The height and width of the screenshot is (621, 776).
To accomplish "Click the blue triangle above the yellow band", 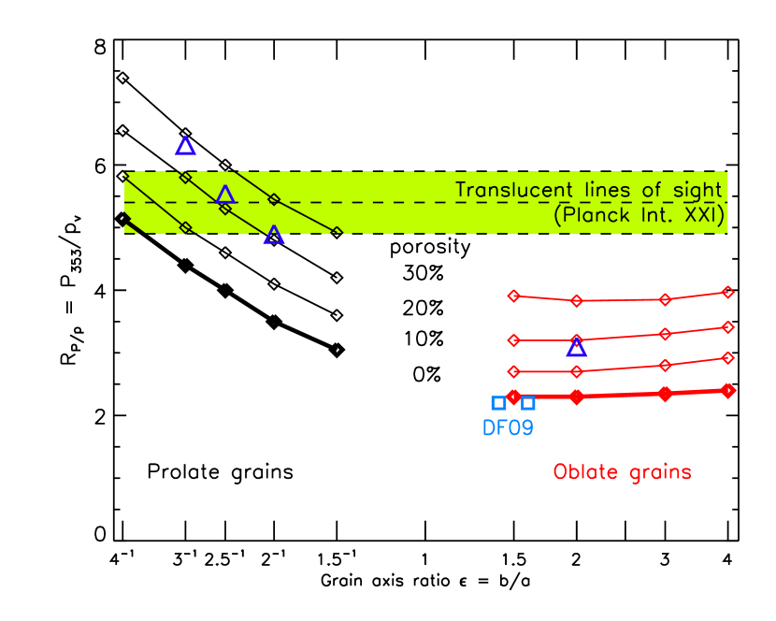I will coord(185,146).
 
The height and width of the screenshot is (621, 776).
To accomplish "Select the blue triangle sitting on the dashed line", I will coord(224,195).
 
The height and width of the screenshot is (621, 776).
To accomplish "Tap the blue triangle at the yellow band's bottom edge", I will coord(273,236).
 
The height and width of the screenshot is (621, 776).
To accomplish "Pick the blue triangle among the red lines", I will coord(577,348).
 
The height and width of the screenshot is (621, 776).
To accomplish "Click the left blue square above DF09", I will coord(498,403).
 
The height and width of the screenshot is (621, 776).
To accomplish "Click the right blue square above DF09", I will coord(528,403).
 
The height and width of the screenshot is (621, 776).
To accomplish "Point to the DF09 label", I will coord(508,428).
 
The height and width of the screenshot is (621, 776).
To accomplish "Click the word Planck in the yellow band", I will coord(598,216).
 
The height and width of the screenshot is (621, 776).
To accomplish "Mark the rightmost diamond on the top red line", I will coord(727,292).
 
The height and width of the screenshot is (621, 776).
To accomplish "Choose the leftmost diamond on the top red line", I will coord(513,296).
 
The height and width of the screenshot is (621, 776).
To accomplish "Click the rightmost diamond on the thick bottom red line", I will coord(728,390).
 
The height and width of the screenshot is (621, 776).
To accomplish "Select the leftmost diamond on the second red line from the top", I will coord(513,340).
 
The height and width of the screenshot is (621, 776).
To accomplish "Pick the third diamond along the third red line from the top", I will coord(665,365).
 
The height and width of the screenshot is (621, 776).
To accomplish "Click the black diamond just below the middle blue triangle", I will coord(225,209).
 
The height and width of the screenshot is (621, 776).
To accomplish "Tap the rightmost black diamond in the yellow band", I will coord(337,232).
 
